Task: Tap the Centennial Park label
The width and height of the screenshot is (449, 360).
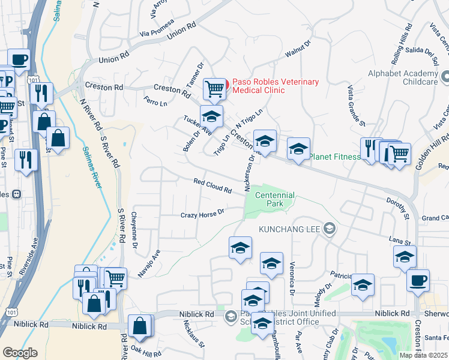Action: [274, 200]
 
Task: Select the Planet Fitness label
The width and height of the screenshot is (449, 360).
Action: [335, 157]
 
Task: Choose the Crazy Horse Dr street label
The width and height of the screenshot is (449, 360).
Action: [203, 213]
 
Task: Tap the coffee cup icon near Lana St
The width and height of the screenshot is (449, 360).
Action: [418, 280]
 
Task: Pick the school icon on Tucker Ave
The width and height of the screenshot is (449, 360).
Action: [211, 116]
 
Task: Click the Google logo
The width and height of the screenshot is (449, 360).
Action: [20, 353]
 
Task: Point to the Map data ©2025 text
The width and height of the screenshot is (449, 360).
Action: [424, 355]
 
